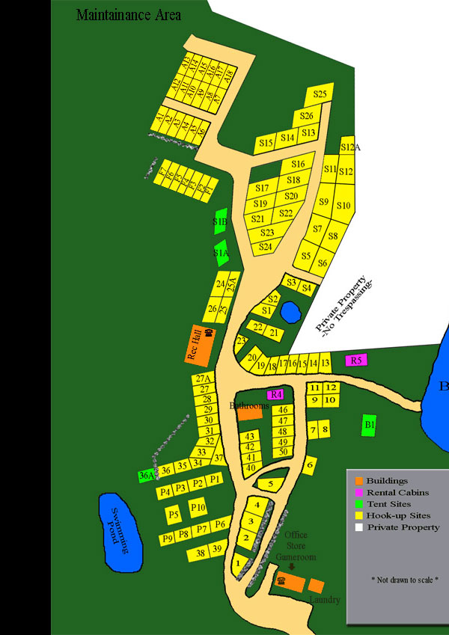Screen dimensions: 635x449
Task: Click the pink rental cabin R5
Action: (356, 360)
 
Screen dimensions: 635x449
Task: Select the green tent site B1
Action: (368, 425)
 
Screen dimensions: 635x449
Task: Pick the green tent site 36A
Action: (147, 475)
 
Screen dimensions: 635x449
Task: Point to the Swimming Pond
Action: (120, 527)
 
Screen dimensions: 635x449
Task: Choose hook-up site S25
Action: (320, 94)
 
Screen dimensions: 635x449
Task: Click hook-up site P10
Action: (198, 509)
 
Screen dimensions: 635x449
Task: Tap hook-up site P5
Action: (174, 515)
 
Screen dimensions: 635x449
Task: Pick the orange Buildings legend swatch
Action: (359, 481)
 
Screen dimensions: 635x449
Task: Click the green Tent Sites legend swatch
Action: (359, 504)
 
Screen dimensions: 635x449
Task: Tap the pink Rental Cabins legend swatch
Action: (359, 492)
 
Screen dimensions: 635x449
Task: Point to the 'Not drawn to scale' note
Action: (405, 580)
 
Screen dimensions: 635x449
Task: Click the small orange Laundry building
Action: (316, 586)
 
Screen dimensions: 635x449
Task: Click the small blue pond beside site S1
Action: (289, 310)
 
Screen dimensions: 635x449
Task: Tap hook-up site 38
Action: (200, 553)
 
